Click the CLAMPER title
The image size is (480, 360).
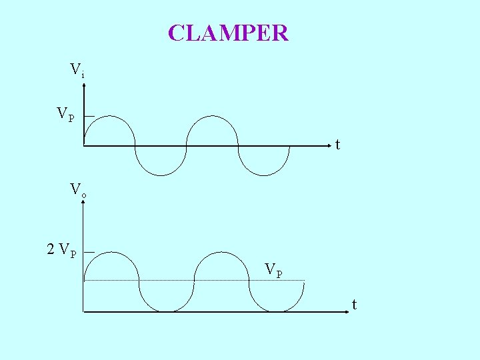228,33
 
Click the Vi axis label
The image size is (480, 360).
77,69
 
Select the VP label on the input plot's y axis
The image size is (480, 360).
65,114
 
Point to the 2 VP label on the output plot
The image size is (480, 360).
61,250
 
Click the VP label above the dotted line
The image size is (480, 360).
273,269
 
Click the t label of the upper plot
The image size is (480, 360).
338,145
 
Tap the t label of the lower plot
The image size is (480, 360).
354,305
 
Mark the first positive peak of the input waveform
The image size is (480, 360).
109,116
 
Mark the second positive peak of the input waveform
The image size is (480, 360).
212,116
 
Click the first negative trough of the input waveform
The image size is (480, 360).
161,175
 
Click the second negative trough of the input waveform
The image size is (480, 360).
264,175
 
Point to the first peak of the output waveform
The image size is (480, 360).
111,252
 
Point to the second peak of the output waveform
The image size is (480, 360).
221,252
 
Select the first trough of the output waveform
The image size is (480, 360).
167,311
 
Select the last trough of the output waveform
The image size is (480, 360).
277,311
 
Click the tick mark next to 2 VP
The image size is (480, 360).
89,252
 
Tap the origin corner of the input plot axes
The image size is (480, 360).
84,145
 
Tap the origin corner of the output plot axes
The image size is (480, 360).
83,311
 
